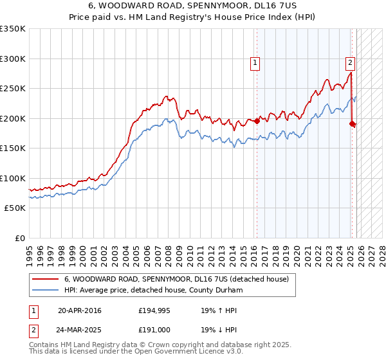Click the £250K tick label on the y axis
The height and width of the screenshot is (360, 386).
pyautogui.click(x=13, y=89)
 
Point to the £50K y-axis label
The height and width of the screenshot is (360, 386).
pyautogui.click(x=15, y=208)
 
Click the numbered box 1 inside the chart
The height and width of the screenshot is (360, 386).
pyautogui.click(x=255, y=63)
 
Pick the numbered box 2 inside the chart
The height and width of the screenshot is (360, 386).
pyautogui.click(x=350, y=63)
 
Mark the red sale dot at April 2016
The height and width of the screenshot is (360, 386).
pyautogui.click(x=257, y=121)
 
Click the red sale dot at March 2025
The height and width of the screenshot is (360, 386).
pyautogui.click(x=353, y=123)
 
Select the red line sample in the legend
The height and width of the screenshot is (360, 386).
pyautogui.click(x=46, y=279)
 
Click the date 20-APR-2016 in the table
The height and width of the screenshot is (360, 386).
pyautogui.click(x=79, y=310)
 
